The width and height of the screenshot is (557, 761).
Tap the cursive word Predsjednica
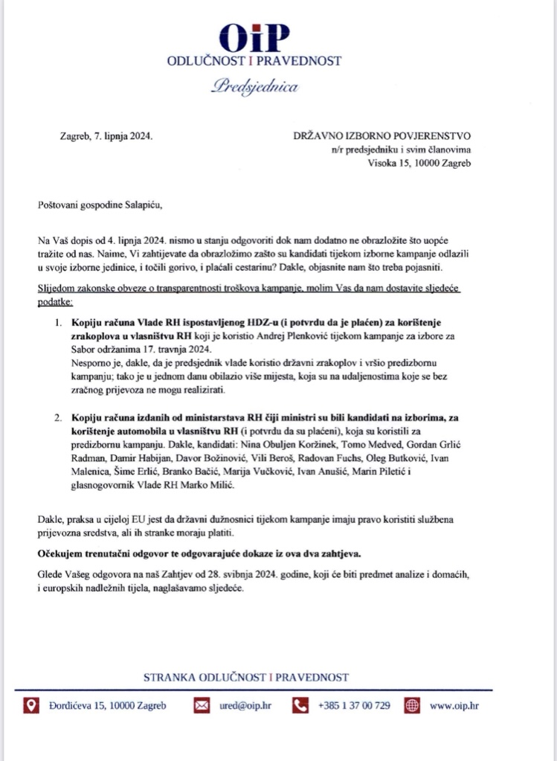(x=254, y=87)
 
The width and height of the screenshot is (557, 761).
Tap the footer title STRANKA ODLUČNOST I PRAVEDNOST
(x=246, y=677)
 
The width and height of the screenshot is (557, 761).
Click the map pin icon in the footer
(x=31, y=705)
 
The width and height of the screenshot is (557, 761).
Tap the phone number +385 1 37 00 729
(x=353, y=706)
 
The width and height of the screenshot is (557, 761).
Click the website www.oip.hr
(x=454, y=706)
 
